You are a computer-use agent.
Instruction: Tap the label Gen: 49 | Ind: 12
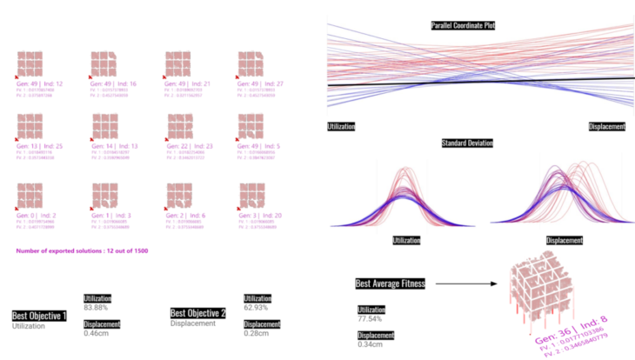pyautogui.click(x=34, y=83)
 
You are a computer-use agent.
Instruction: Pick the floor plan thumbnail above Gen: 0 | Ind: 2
pyautogui.click(x=34, y=194)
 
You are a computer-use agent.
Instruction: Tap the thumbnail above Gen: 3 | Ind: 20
pyautogui.click(x=256, y=194)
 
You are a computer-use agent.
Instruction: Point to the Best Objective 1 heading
pyautogui.click(x=39, y=316)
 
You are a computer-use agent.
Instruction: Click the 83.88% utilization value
pyautogui.click(x=96, y=308)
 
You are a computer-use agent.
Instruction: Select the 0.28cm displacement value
pyautogui.click(x=256, y=333)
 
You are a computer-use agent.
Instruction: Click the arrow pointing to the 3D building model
pyautogui.click(x=461, y=283)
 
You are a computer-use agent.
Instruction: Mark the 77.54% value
pyautogui.click(x=371, y=319)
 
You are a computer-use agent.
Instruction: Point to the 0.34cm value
pyautogui.click(x=370, y=345)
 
